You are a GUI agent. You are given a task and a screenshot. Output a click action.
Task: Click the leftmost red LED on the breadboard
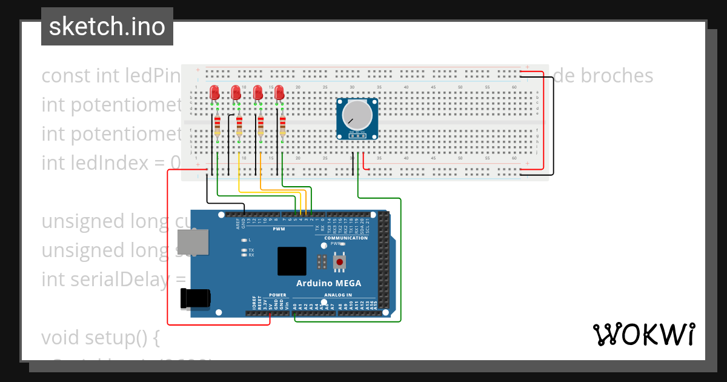(x=214, y=93)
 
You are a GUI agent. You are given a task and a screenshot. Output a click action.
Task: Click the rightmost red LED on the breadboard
(x=279, y=93)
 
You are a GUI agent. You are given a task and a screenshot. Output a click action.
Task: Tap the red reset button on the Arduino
(x=340, y=262)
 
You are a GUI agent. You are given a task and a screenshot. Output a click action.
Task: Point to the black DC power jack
(x=195, y=298)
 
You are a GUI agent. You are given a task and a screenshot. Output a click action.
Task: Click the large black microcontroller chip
(x=292, y=261)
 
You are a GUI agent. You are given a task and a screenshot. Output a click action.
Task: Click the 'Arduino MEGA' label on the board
(x=328, y=283)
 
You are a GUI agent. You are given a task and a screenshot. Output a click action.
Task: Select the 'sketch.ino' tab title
(x=107, y=27)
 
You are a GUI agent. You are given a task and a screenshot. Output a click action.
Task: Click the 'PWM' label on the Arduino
(x=279, y=229)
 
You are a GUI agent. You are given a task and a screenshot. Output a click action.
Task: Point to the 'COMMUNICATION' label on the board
(x=345, y=238)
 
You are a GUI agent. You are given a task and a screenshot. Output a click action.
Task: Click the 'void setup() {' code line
(x=100, y=337)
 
